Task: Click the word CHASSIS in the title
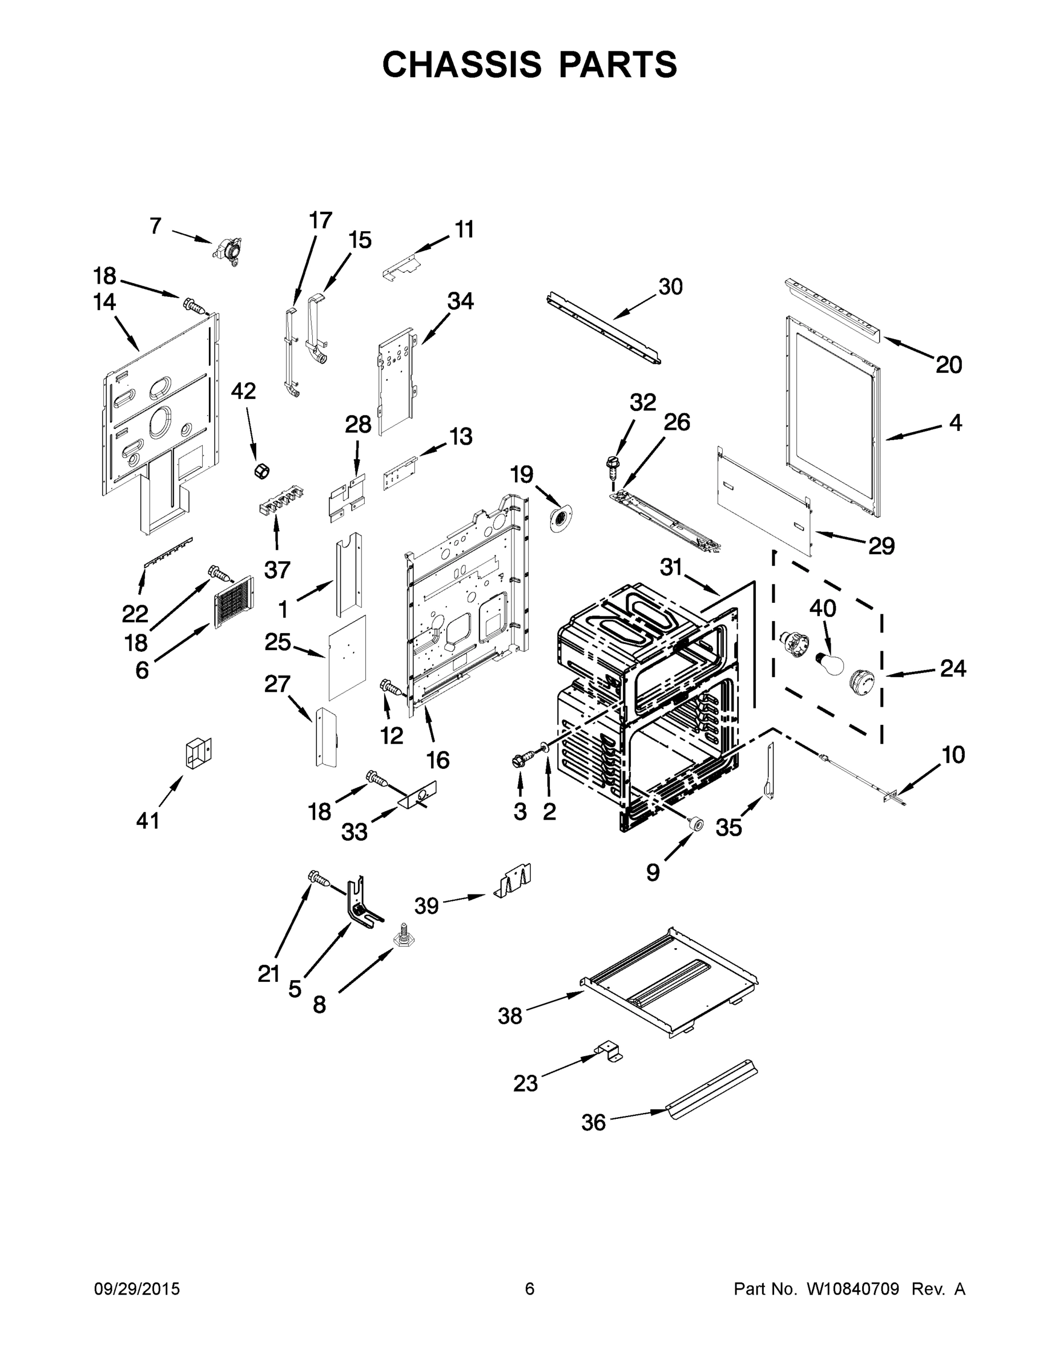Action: tap(462, 64)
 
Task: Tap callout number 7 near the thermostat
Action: tap(156, 226)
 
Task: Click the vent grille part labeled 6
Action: tap(234, 602)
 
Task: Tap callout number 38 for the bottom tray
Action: tap(509, 1016)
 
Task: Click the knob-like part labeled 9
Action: tap(694, 824)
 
